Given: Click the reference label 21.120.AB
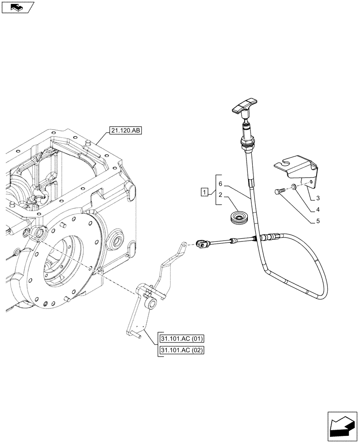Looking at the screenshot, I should pos(124,131).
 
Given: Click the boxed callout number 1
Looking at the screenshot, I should pos(204,192).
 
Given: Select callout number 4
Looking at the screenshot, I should pos(318,209).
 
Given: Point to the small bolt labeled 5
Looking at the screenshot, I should pos(279,191).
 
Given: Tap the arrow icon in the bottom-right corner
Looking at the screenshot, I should pos(342,425).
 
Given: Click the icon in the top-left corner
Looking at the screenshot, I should pos(17,7).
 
